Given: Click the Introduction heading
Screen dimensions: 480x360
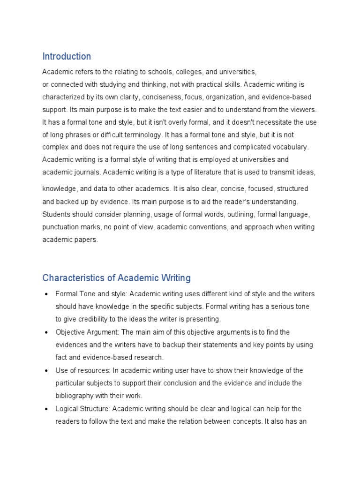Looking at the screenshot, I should (67, 57).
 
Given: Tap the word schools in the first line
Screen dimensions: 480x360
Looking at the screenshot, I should (160, 72).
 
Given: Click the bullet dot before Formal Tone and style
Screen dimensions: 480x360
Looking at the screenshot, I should (46, 294).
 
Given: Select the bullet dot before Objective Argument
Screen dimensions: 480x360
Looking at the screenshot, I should (46, 332).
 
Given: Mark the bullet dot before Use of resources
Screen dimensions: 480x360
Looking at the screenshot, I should (46, 371).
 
